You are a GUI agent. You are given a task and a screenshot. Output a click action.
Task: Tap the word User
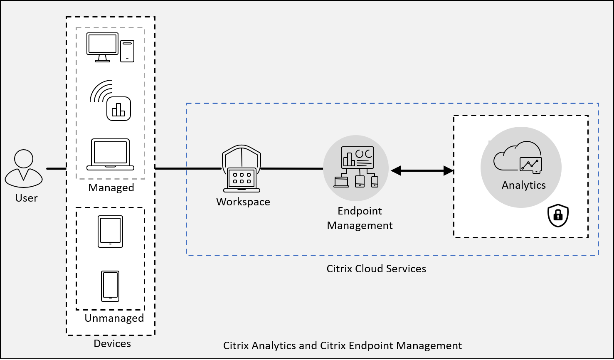click(27, 198)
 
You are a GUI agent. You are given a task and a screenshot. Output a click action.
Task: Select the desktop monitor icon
click(102, 47)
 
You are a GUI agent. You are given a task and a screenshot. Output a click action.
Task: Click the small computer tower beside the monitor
click(127, 51)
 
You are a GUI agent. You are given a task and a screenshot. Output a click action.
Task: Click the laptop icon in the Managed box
click(111, 155)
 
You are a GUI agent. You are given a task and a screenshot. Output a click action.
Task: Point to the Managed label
click(111, 187)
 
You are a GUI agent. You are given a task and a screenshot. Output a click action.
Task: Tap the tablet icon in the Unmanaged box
click(111, 232)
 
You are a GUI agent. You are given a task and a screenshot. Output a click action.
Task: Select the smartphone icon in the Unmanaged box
click(110, 286)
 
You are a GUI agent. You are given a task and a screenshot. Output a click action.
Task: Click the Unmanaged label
click(114, 318)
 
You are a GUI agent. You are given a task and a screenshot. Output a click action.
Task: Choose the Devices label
click(112, 344)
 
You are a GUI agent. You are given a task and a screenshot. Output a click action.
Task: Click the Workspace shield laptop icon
click(242, 169)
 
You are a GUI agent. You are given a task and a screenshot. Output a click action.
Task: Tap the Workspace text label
click(243, 202)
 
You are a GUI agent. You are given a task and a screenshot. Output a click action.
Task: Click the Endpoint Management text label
click(360, 218)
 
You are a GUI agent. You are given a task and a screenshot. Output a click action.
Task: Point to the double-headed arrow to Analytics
click(422, 170)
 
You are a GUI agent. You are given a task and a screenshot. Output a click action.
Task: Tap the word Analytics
click(523, 185)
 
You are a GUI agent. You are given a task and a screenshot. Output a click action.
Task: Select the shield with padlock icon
click(558, 216)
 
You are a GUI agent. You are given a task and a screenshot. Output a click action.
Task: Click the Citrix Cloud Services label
click(376, 269)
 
